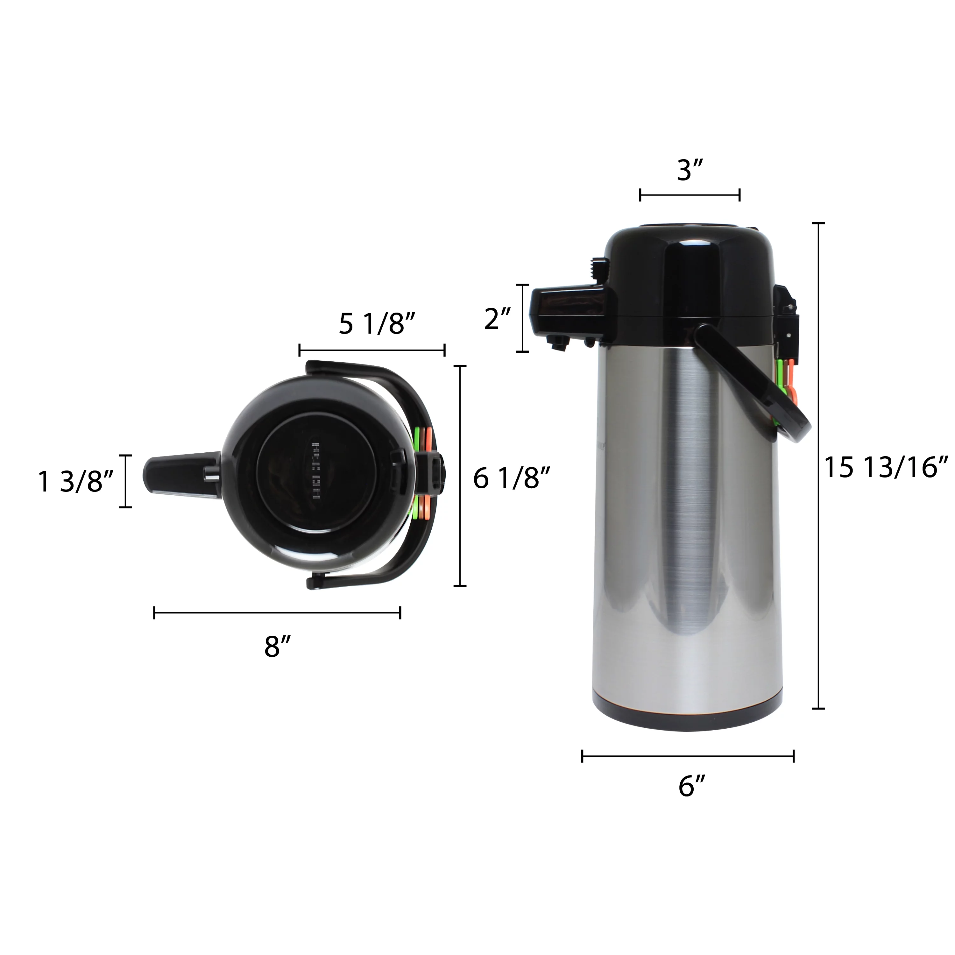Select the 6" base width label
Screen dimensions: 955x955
point(691,786)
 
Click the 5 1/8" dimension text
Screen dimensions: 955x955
point(377,324)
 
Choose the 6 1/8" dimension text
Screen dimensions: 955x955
point(512,478)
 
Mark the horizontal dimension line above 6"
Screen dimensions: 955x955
point(688,756)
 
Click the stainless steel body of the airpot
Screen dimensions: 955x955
point(687,519)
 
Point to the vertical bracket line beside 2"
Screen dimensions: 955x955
point(522,318)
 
